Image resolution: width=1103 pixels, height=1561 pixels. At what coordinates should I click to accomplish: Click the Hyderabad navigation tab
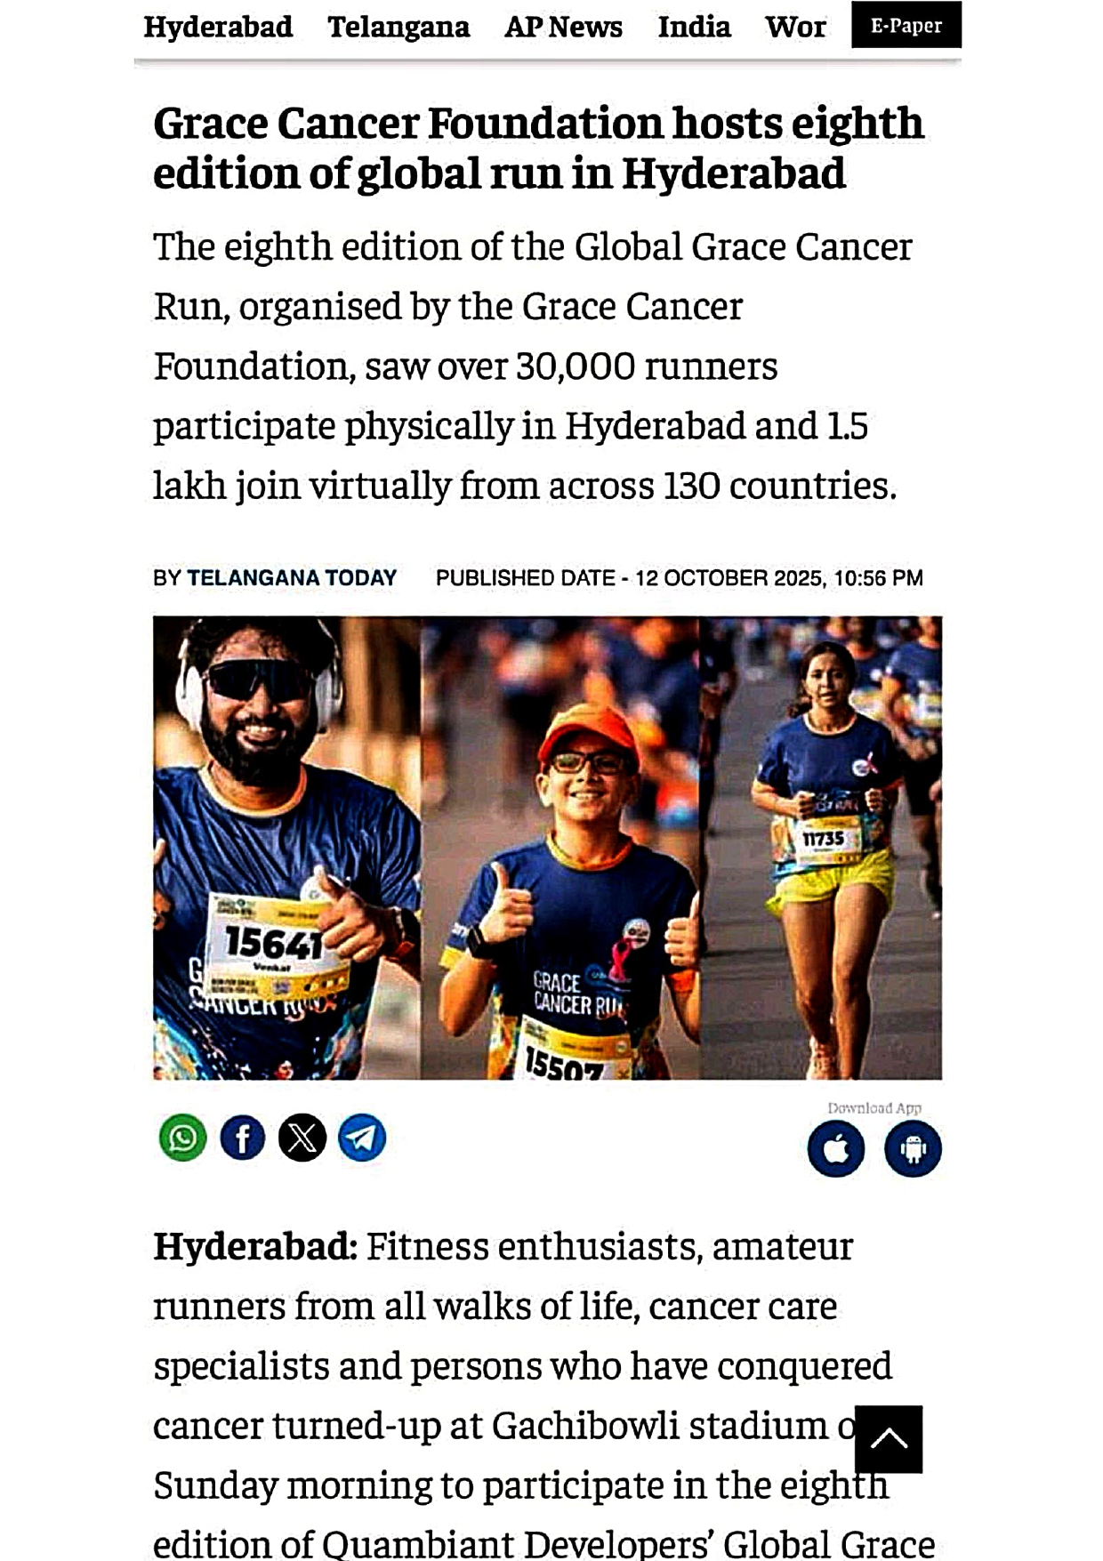[x=218, y=27]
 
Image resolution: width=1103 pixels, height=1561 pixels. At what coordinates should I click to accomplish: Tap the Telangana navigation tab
[x=399, y=27]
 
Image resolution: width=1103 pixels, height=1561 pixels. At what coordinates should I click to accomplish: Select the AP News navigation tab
[x=563, y=27]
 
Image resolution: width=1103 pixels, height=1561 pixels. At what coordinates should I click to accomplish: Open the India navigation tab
[x=694, y=27]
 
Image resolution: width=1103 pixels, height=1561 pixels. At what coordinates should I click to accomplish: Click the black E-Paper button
[x=906, y=25]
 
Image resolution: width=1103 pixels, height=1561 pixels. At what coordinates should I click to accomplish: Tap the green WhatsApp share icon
[x=183, y=1138]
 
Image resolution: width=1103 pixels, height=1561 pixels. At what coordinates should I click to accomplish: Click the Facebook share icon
[x=243, y=1138]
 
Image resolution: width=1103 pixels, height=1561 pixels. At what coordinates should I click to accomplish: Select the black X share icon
[x=302, y=1138]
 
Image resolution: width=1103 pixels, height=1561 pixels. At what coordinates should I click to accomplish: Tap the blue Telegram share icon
[x=362, y=1138]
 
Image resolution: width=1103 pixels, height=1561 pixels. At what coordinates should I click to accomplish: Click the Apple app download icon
[x=836, y=1148]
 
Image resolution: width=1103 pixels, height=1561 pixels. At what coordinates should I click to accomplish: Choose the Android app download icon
[x=913, y=1148]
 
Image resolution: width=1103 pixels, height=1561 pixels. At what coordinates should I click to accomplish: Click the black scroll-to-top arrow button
[x=888, y=1438]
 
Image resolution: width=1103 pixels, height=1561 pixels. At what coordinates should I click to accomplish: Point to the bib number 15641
[x=273, y=942]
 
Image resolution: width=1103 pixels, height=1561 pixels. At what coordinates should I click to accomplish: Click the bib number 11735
[x=824, y=839]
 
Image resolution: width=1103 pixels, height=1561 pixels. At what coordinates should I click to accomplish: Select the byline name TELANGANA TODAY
[x=292, y=578]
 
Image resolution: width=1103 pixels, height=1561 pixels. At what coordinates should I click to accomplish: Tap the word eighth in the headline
[x=857, y=123]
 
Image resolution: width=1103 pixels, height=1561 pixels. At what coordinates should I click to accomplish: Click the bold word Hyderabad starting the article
[x=254, y=1247]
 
